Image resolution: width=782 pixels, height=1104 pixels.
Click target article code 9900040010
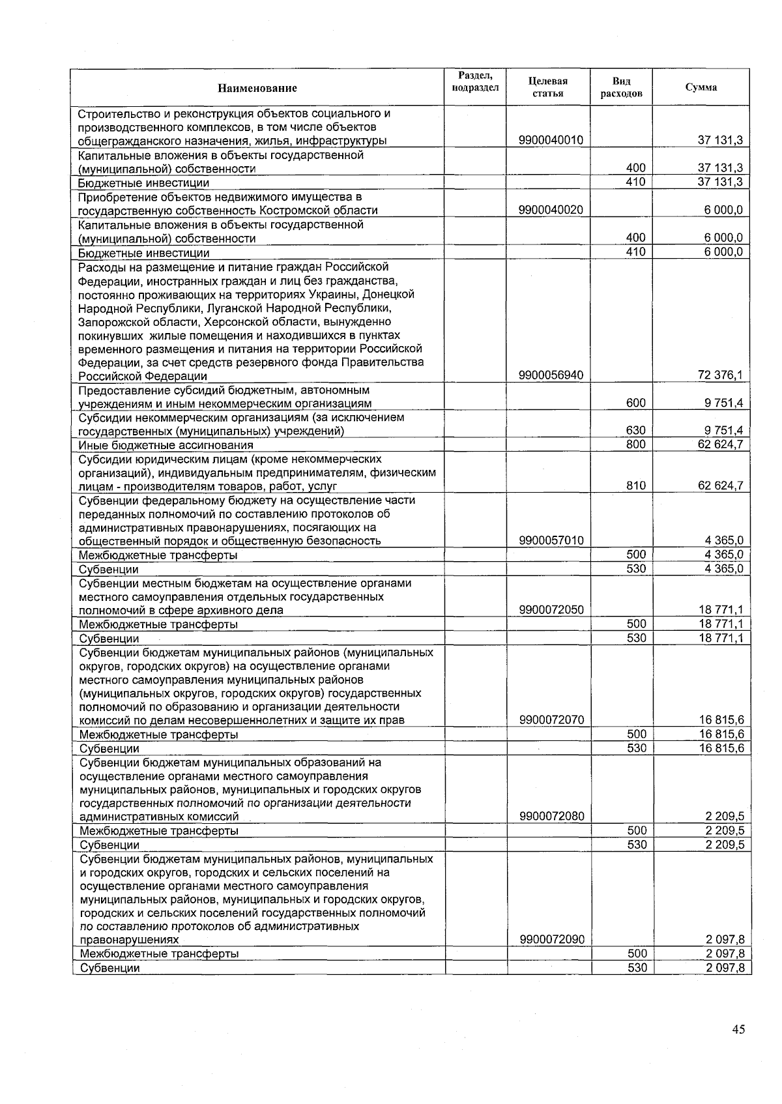(551, 140)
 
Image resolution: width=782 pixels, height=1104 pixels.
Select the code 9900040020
(551, 210)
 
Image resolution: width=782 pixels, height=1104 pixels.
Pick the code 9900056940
(551, 375)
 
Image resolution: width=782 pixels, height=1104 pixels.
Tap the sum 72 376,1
(720, 375)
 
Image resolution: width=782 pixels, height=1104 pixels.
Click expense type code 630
(635, 431)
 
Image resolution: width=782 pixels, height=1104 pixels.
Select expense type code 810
(635, 486)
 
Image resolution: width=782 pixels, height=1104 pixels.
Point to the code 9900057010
(551, 541)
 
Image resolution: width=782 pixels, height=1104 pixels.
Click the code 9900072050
(551, 610)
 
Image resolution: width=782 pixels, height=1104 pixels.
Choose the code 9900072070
(551, 720)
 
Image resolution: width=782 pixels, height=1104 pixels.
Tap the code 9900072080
(551, 817)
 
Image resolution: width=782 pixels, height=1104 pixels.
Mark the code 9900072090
(551, 940)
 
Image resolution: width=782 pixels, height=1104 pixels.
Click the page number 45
(738, 1030)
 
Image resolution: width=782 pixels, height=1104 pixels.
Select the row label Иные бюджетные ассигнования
(166, 445)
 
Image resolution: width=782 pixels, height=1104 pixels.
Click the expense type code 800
(635, 444)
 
